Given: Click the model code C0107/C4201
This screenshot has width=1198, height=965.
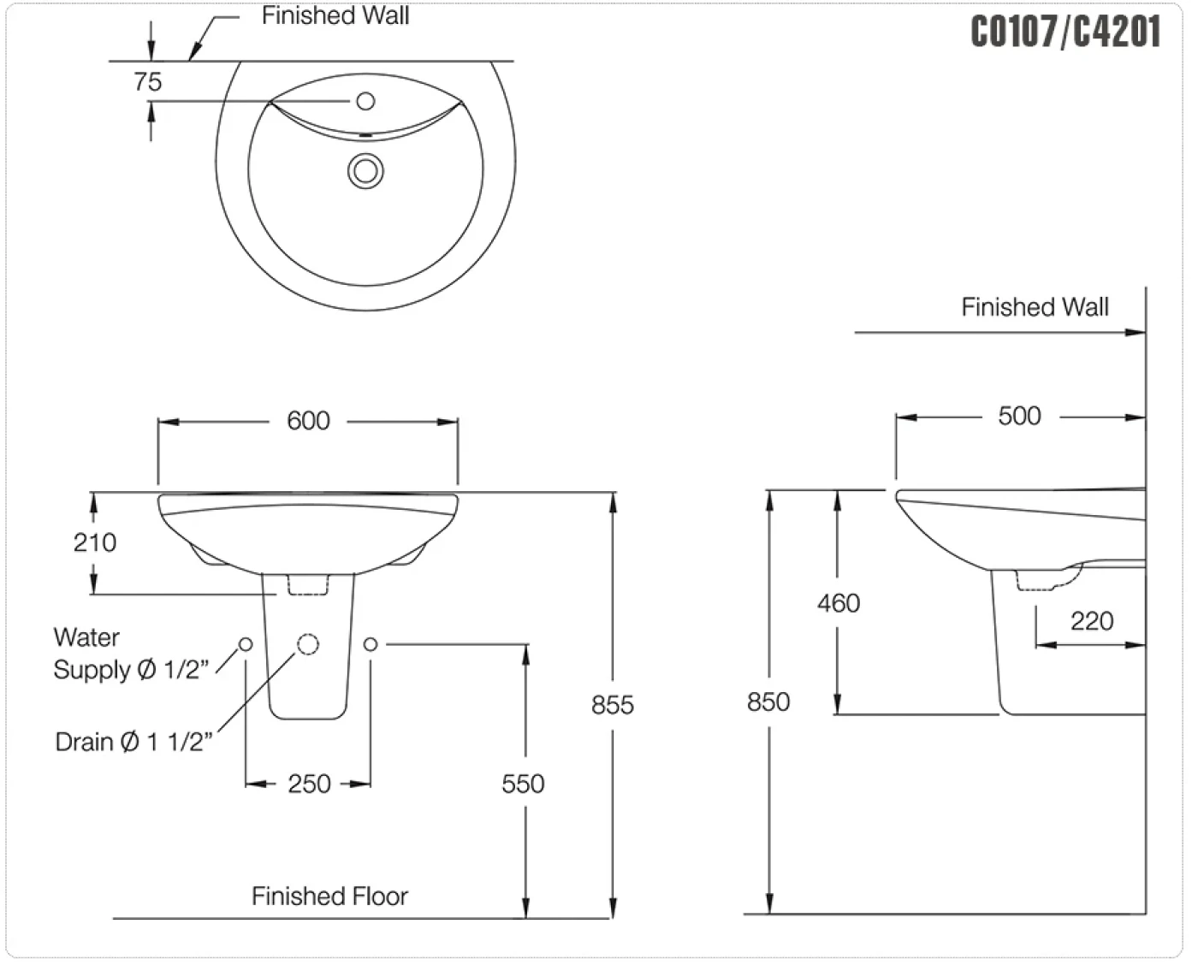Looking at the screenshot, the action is coord(1065,31).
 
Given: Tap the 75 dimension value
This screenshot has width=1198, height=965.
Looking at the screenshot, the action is coord(147,82).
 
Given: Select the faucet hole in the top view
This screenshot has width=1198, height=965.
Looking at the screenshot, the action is coord(365,101).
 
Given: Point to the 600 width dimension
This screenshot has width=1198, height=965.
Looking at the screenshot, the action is coord(308,421).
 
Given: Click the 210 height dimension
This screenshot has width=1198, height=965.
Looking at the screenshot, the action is coord(95,542).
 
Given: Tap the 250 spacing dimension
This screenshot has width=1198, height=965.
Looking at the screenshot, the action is coord(310,784).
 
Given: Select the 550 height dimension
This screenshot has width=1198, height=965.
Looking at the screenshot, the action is coord(523,784).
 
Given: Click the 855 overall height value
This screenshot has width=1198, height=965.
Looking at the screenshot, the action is coord(613,705).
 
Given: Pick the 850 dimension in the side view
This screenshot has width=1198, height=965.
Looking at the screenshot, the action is coord(768,702).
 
